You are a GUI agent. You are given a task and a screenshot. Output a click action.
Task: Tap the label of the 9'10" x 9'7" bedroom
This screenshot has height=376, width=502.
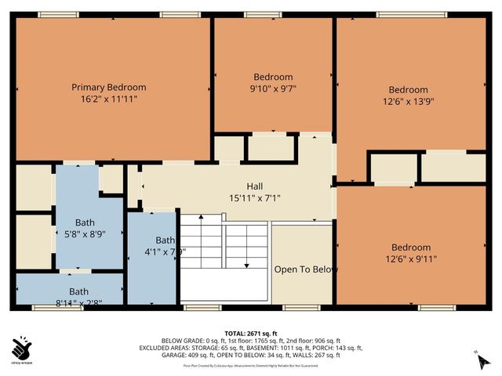[273, 77]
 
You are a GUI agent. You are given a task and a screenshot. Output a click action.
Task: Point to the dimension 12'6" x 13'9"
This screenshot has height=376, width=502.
[409, 101]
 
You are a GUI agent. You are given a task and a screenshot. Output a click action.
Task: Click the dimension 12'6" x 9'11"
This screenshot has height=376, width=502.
[411, 258]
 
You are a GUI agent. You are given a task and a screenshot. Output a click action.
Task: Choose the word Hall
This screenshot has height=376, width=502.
[254, 186]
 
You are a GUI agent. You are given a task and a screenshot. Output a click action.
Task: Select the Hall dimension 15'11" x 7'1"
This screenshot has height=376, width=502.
[254, 198]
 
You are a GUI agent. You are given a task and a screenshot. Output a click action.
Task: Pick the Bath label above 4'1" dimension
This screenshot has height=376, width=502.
[165, 240]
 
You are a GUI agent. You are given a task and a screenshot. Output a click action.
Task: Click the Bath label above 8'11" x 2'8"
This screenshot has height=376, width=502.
[67, 291]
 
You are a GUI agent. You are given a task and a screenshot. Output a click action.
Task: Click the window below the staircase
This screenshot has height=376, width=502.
[202, 307]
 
